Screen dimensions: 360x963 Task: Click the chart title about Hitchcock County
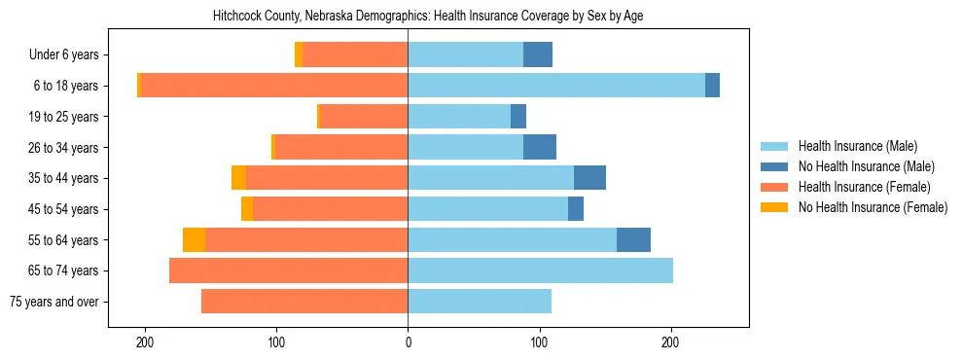[428, 16]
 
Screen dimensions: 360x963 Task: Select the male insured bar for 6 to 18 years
[556, 86]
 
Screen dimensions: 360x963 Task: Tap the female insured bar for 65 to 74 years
[288, 270]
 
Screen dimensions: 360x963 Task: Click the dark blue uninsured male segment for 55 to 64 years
[633, 239]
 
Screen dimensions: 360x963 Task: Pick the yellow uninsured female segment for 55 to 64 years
[194, 239]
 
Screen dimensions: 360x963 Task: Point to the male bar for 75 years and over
[480, 302]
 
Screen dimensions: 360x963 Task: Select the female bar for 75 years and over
[304, 302]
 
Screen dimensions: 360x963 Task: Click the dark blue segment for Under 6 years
[538, 54]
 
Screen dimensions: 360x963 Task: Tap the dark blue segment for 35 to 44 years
[589, 178]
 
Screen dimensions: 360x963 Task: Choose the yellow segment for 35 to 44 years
[238, 178]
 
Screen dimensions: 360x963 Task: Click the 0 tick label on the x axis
[408, 342]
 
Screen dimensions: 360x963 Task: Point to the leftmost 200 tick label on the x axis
[145, 342]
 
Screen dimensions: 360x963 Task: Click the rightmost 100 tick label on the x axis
[539, 342]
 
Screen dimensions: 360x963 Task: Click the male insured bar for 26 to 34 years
[465, 147]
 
